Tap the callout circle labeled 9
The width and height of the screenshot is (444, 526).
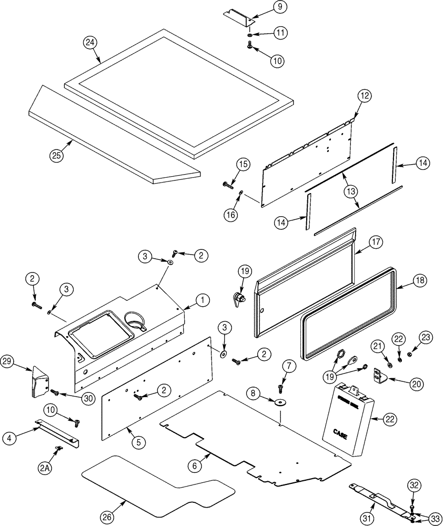280,7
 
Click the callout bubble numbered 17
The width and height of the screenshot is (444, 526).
375,243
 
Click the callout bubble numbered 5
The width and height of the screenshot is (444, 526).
138,442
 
